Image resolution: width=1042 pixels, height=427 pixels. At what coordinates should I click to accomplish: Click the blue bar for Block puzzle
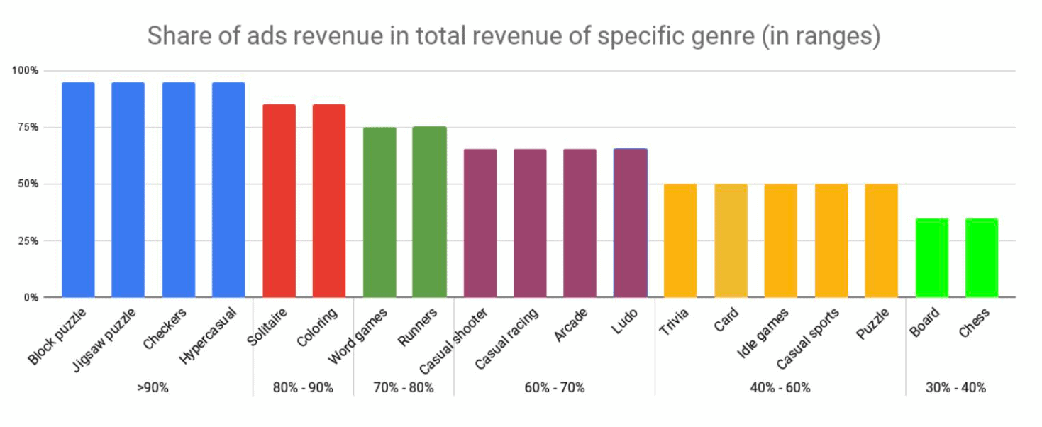click(78, 189)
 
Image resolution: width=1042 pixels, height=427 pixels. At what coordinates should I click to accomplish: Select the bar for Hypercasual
click(228, 189)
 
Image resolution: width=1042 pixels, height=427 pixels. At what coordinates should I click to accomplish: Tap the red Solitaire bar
click(279, 201)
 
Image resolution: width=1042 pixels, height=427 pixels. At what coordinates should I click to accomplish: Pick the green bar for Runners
click(429, 211)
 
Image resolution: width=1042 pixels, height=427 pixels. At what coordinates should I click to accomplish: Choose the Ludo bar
click(630, 223)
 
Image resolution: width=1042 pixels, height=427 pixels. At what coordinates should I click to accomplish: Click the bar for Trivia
click(680, 240)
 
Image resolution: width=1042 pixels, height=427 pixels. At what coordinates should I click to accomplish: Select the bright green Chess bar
click(981, 257)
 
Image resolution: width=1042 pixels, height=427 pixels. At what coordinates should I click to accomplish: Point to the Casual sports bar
click(831, 240)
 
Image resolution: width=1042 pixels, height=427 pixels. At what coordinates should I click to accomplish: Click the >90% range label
click(153, 388)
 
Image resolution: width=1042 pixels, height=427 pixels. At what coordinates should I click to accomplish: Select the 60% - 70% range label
click(554, 388)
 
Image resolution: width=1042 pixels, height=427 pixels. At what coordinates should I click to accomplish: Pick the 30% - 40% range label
click(955, 388)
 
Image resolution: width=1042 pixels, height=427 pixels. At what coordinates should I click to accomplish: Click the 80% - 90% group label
click(303, 388)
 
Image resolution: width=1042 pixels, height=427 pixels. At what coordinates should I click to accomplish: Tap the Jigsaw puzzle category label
click(106, 338)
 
